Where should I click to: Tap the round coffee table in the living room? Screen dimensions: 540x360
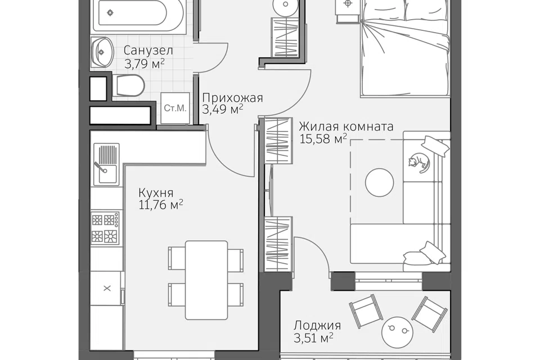(x=379, y=182)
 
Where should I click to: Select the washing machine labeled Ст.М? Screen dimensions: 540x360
(x=175, y=108)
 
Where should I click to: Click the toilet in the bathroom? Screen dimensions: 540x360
(x=130, y=85)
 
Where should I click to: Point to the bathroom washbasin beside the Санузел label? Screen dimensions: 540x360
(x=102, y=52)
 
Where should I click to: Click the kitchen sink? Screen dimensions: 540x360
(x=106, y=164)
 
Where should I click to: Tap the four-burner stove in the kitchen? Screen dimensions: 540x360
(x=105, y=228)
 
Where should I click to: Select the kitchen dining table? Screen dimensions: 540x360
(x=206, y=280)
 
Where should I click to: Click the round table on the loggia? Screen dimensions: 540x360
(x=398, y=332)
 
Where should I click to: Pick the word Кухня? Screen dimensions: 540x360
(x=156, y=192)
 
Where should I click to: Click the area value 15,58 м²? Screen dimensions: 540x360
(x=323, y=139)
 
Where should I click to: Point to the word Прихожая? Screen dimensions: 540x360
(x=232, y=98)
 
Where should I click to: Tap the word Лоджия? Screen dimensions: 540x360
(x=317, y=325)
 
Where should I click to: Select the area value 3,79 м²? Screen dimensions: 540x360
(x=144, y=64)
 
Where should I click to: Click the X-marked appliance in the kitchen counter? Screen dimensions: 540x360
(x=107, y=289)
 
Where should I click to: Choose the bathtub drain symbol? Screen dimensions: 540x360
(x=110, y=13)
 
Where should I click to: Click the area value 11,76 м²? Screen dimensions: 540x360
(x=160, y=205)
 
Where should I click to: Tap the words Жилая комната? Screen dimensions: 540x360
(x=346, y=127)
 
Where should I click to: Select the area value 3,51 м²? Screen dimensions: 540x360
(x=313, y=338)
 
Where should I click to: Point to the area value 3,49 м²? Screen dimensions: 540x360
(x=223, y=110)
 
